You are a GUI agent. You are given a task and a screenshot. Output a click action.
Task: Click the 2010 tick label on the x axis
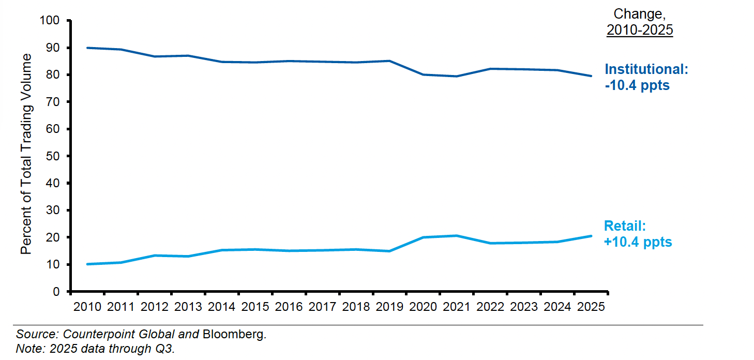87,307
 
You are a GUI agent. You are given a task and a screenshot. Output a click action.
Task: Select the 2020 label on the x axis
423,307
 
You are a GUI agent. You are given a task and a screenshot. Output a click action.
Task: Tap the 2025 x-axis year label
591,307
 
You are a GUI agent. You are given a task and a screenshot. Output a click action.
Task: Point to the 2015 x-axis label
255,307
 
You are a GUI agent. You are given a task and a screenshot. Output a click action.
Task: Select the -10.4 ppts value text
637,85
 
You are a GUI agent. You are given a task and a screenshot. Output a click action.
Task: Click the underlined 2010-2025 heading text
640,30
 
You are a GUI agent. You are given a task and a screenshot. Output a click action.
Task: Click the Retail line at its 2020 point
423,237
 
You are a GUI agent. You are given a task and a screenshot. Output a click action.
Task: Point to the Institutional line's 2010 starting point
87,48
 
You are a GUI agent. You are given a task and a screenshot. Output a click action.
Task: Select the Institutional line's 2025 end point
591,76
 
